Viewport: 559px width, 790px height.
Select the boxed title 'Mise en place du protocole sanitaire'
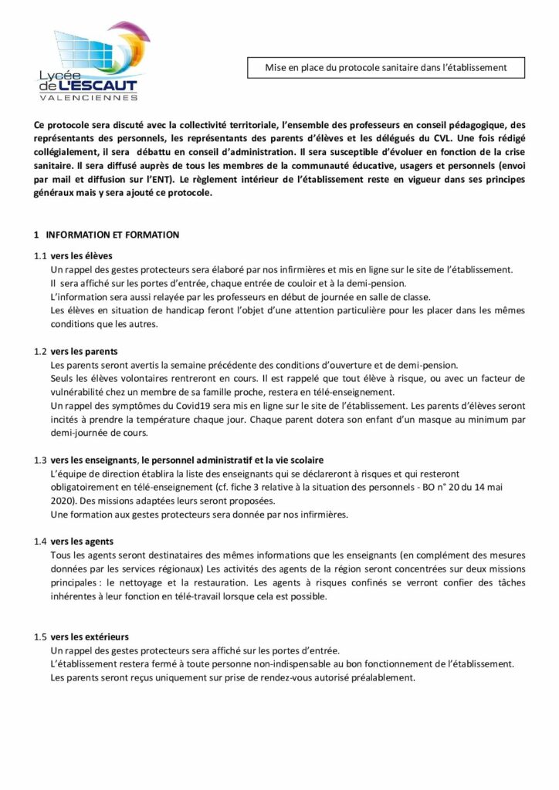386,68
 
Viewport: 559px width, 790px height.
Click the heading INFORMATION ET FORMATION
113,235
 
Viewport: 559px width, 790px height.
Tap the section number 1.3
40,460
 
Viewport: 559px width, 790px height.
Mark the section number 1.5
40,636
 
